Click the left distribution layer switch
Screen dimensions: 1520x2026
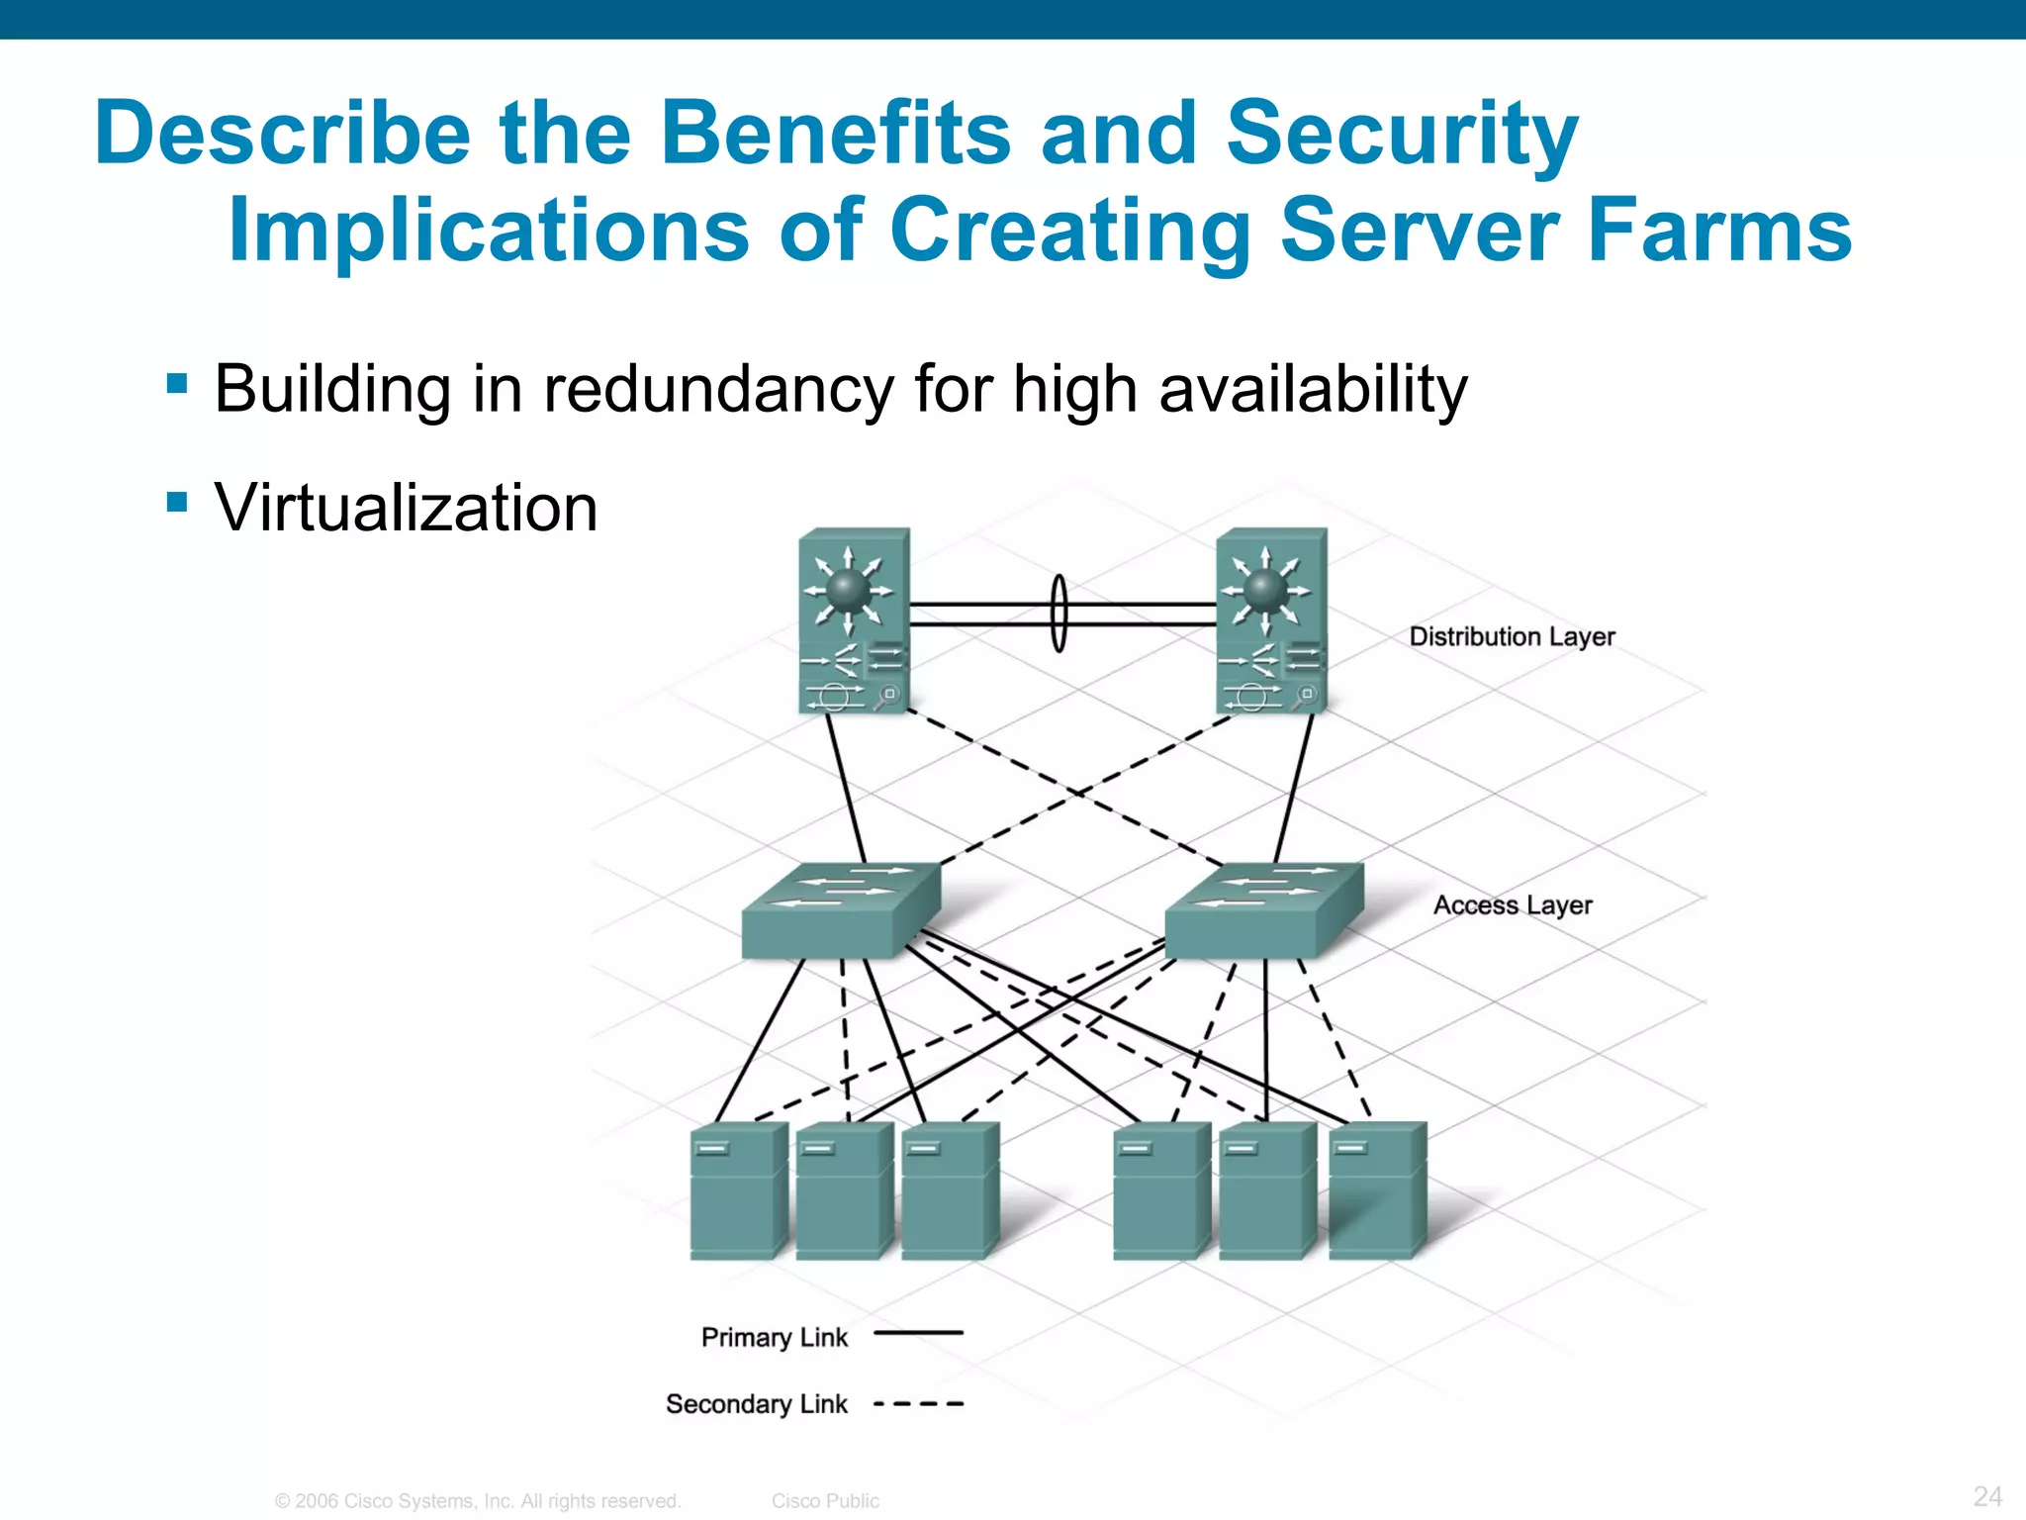(854, 620)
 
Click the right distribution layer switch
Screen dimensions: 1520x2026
(1271, 620)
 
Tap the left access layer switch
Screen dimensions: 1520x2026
(841, 910)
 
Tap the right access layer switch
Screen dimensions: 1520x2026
(1263, 910)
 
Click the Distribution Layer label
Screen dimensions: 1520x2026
(1512, 636)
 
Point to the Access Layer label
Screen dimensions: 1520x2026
(1513, 905)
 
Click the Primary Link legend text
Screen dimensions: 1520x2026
(774, 1338)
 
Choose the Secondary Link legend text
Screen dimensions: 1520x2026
(756, 1404)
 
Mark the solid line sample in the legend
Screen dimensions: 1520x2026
(918, 1333)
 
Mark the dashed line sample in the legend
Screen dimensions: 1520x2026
(918, 1404)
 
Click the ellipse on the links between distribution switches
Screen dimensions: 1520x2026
(1059, 614)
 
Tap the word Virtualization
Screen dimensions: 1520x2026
(406, 508)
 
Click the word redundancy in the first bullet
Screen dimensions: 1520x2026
(718, 389)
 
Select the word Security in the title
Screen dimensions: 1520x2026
(1401, 134)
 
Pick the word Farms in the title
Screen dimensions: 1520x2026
(1718, 230)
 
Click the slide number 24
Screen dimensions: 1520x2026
(1987, 1496)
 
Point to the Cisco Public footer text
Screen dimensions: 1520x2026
(825, 1501)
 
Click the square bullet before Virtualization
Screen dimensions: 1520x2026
(177, 502)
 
